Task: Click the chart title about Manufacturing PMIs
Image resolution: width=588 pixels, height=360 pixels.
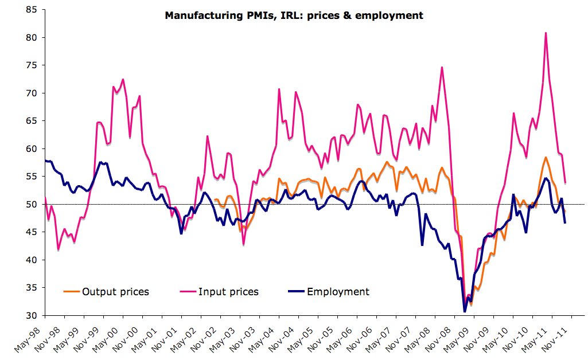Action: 294,15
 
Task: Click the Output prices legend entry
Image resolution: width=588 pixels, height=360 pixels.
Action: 115,292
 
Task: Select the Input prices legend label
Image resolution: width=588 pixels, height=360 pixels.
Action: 228,292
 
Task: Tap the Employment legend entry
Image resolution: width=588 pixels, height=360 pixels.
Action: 338,291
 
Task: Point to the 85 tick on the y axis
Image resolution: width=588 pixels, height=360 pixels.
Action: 32,10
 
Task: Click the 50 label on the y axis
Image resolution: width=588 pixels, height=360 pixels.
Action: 32,204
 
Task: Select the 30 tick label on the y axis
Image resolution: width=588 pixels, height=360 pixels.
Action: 32,315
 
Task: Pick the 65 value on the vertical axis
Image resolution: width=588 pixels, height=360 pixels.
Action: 32,121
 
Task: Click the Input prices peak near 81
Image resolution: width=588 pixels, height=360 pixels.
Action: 546,33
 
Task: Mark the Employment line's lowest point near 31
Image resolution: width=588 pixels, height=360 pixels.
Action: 465,311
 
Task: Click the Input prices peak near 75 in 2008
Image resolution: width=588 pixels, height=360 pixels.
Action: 442,68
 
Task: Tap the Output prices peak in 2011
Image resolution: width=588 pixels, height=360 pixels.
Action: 546,157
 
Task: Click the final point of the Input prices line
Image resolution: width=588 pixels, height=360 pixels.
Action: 566,183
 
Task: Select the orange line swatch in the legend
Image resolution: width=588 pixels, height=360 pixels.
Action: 71,292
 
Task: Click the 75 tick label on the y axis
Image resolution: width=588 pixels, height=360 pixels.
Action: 32,65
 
